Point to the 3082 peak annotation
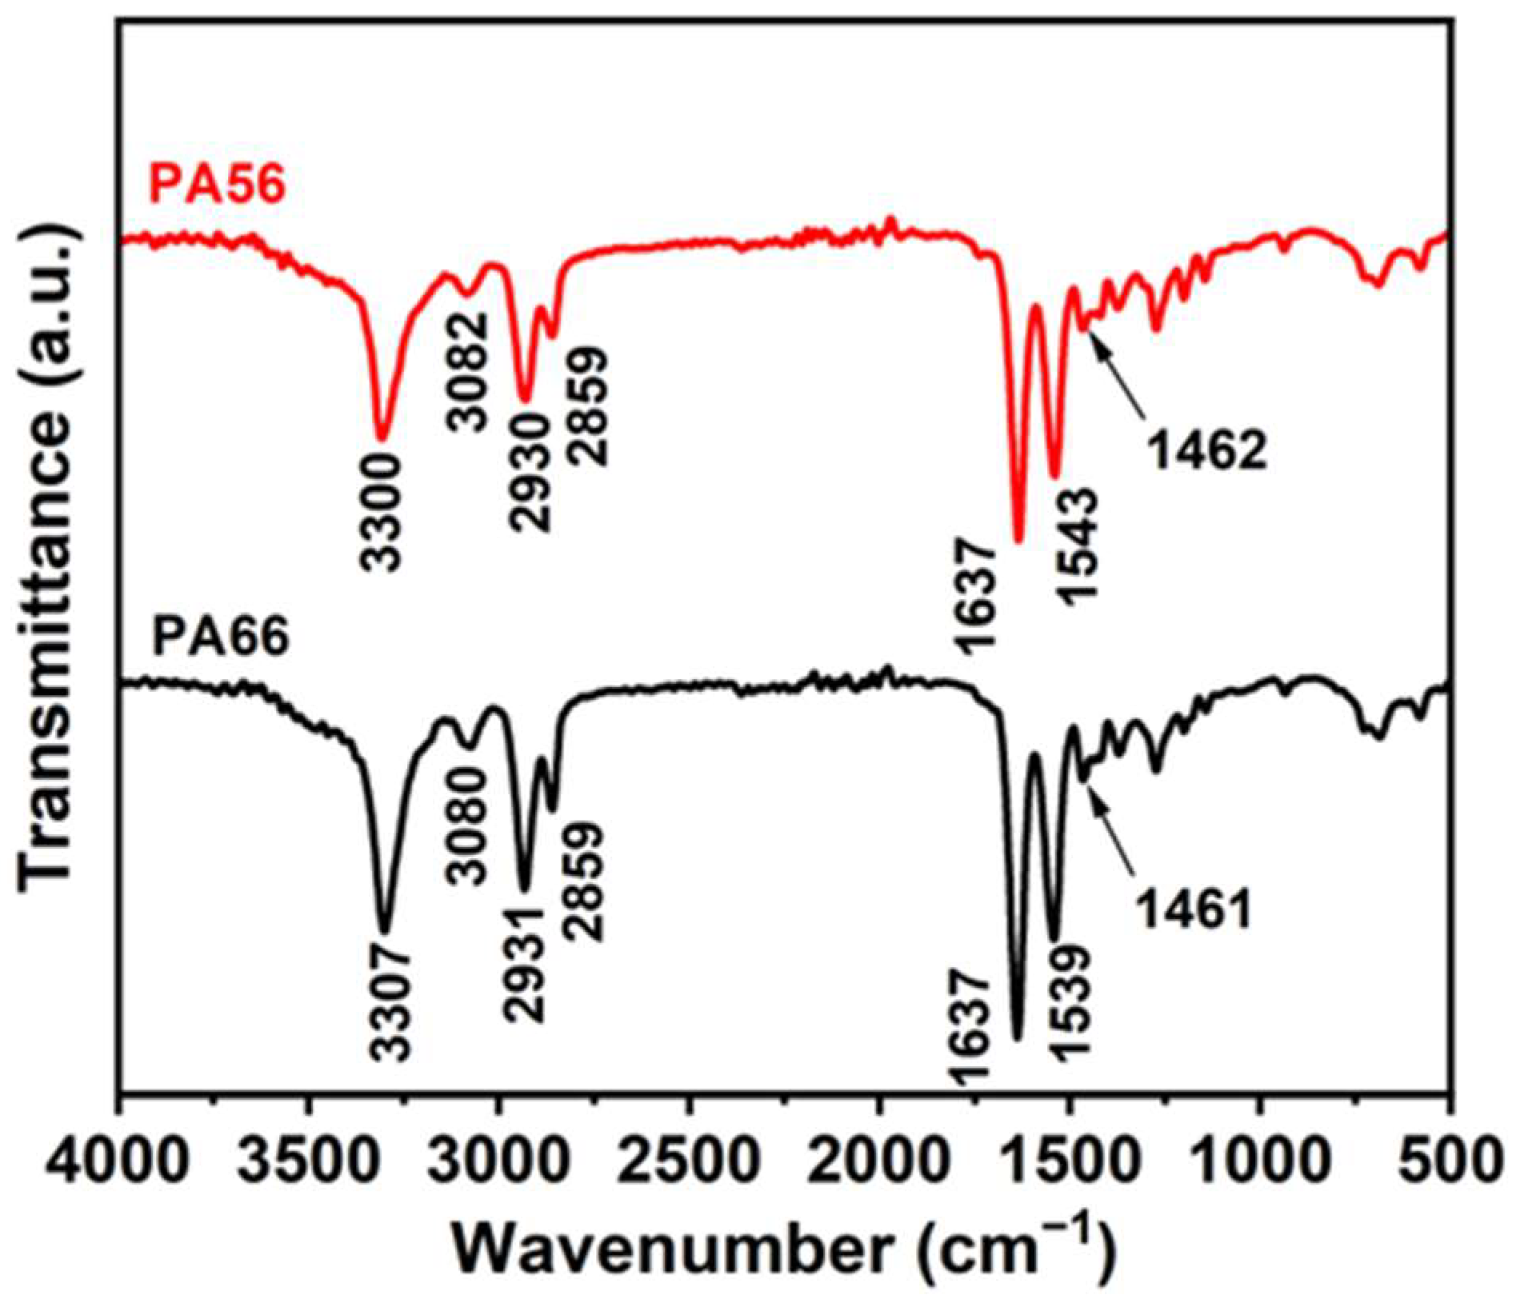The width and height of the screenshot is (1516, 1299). click(x=468, y=372)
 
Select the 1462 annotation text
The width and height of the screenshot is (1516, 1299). click(x=1208, y=452)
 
